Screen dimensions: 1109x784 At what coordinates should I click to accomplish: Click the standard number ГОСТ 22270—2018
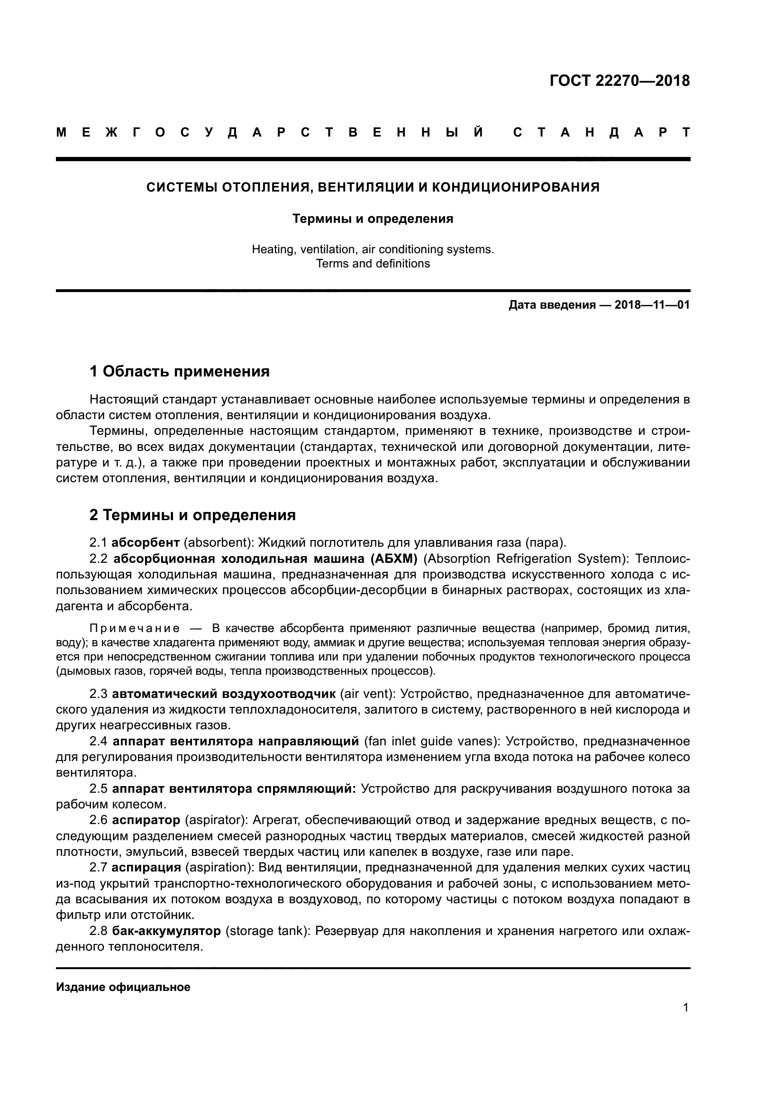[620, 81]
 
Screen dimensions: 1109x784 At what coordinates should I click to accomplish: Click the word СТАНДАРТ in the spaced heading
[601, 133]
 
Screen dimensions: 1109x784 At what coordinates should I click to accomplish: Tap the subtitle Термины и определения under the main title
[373, 219]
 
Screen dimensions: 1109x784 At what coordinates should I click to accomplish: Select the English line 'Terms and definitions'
[373, 264]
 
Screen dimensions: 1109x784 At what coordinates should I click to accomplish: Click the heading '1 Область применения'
[180, 371]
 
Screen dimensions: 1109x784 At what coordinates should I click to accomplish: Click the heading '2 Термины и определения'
[192, 515]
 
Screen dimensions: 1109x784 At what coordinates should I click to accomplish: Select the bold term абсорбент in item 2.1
[146, 543]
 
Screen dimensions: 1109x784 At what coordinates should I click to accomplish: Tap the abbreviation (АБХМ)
[394, 559]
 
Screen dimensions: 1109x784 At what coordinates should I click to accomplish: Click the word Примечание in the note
[135, 628]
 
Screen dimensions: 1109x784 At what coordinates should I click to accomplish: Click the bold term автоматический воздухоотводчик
[224, 694]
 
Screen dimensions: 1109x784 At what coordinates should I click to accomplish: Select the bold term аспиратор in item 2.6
[146, 820]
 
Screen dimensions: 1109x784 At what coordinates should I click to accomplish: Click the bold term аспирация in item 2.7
[146, 868]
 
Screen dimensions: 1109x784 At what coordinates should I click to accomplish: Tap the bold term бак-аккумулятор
[166, 931]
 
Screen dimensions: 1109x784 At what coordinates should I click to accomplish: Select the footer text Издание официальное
[123, 987]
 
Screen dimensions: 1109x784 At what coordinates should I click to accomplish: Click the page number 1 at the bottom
[685, 1008]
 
